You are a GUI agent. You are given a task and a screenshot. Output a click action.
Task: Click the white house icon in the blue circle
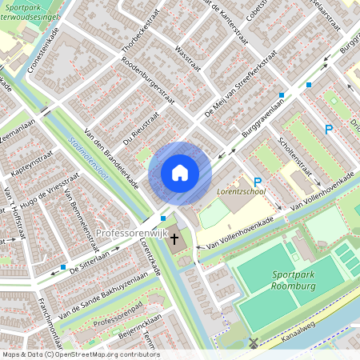point(180,173)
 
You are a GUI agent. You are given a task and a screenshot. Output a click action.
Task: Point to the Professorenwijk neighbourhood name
point(128,233)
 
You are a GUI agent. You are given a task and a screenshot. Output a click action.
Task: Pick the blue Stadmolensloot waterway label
point(89,158)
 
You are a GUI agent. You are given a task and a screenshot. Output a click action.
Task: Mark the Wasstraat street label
point(186,58)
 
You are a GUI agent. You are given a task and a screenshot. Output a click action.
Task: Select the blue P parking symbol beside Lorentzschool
point(258,182)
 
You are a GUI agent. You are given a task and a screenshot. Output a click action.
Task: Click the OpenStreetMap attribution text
point(81,354)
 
